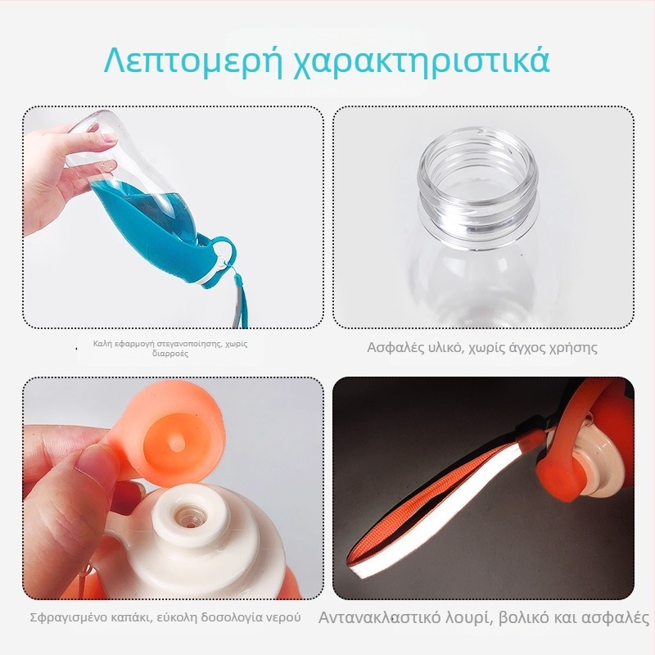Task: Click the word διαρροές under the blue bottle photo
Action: click(170, 354)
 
